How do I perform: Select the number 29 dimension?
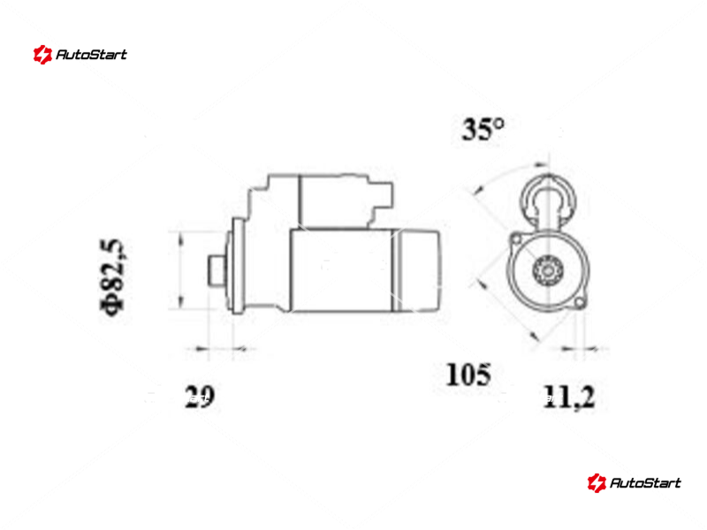[199, 397]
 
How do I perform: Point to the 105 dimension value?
[468, 375]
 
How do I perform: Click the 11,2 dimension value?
[569, 397]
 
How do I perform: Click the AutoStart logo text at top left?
[91, 55]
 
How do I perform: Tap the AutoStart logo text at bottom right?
[645, 482]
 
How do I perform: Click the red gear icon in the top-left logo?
[42, 55]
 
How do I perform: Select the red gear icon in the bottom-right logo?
[597, 482]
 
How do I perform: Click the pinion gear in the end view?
[548, 271]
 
